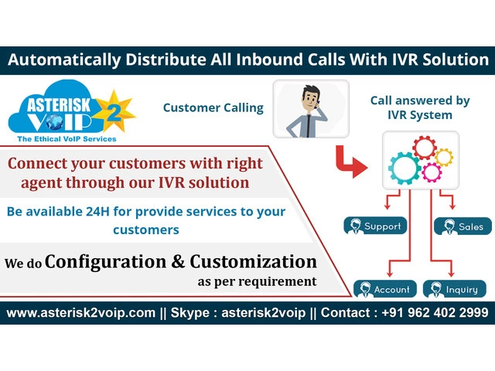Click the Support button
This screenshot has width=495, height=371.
(374, 226)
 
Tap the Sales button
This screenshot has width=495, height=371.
(463, 226)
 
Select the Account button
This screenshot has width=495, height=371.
(384, 290)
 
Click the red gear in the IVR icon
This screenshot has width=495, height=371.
(425, 147)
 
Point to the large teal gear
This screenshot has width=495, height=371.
(405, 165)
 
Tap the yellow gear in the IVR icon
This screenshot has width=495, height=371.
(443, 157)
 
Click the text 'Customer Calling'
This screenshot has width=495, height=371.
(213, 107)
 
